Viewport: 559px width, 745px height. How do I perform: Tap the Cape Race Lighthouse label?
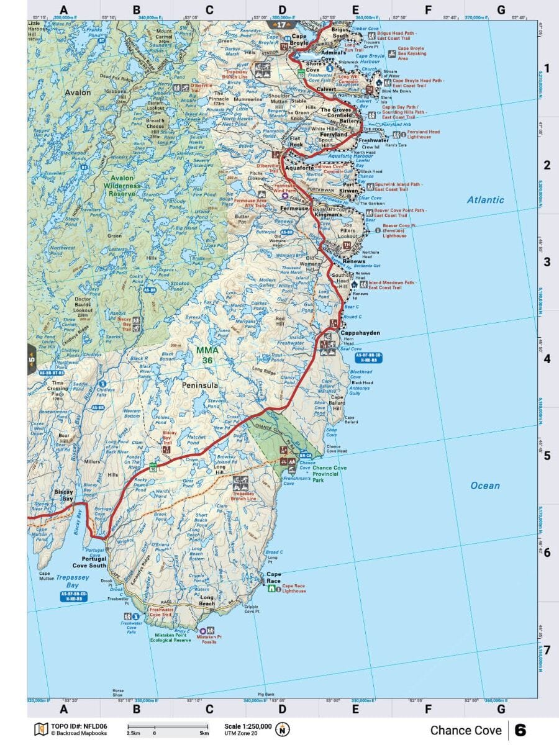[294, 588]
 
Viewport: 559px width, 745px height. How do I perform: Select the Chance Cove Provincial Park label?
[329, 474]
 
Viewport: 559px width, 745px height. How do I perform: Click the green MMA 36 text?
[207, 354]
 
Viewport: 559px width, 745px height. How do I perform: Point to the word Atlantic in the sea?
[486, 200]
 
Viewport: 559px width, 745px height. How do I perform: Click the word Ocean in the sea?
[485, 485]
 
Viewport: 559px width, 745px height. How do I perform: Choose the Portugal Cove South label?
[89, 562]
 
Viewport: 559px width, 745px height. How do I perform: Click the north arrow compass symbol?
[283, 729]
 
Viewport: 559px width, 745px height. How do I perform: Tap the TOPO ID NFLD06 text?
[79, 725]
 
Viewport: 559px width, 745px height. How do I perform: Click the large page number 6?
[520, 730]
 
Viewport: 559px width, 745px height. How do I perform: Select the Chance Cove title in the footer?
[465, 730]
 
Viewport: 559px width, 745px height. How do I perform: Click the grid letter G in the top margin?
[501, 10]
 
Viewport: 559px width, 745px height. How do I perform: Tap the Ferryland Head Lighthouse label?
[423, 134]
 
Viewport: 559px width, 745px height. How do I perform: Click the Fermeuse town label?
[294, 209]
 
